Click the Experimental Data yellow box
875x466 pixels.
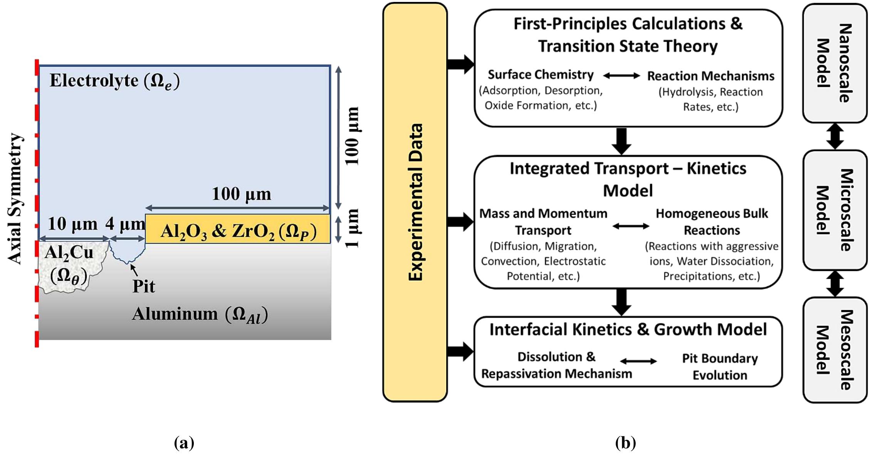(x=415, y=202)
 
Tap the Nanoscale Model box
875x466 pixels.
(x=835, y=63)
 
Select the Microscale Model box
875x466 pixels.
(x=835, y=210)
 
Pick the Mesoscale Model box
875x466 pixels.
(x=835, y=350)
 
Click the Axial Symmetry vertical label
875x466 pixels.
(x=15, y=199)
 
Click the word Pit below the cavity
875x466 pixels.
(x=143, y=286)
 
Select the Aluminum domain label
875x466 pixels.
(x=200, y=315)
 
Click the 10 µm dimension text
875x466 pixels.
(x=72, y=224)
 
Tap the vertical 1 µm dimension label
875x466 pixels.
(x=352, y=228)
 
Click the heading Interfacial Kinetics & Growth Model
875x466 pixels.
(x=628, y=330)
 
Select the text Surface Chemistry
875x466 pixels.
(x=541, y=74)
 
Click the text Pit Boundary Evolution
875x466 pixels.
(x=720, y=367)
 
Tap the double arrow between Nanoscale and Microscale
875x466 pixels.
(x=835, y=136)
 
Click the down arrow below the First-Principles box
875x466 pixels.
(x=621, y=141)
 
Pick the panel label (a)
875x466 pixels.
(x=184, y=443)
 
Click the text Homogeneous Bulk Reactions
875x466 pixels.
(x=712, y=222)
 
